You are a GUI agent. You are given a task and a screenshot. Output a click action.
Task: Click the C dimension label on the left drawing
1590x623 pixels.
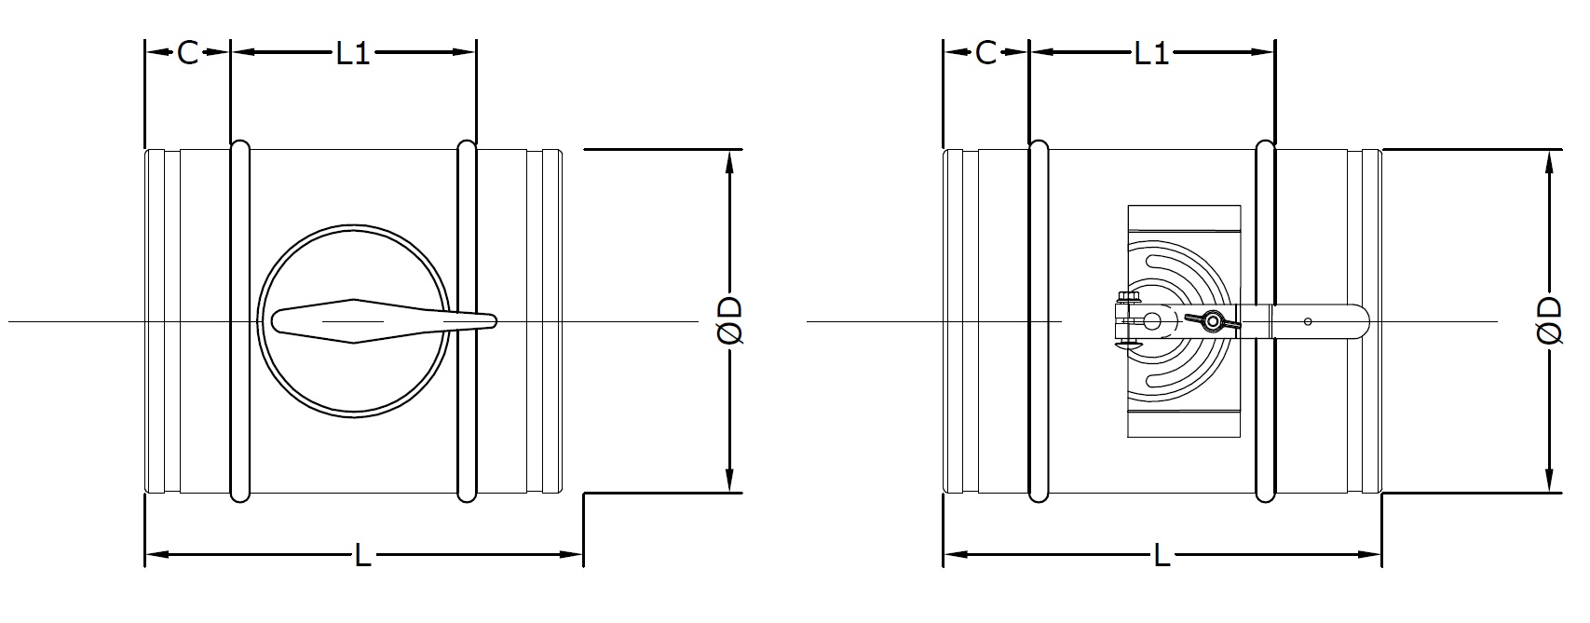(188, 52)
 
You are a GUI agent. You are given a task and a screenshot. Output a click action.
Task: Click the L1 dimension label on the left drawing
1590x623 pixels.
(353, 52)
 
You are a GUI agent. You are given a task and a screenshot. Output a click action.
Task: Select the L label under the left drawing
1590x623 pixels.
(362, 555)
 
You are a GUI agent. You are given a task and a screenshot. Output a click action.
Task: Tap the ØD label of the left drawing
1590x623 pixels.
(730, 320)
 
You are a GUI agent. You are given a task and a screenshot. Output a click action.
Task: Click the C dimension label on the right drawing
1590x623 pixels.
(986, 52)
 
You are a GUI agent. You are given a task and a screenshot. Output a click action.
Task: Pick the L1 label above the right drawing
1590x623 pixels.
(1151, 52)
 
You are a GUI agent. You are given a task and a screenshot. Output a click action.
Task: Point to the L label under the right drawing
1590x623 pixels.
(1162, 555)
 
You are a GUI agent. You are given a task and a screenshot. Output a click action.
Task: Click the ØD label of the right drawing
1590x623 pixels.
(1550, 320)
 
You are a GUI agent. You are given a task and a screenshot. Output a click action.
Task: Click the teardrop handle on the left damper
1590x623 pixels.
(384, 320)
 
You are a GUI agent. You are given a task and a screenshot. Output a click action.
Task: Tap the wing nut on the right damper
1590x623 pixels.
(1212, 321)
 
